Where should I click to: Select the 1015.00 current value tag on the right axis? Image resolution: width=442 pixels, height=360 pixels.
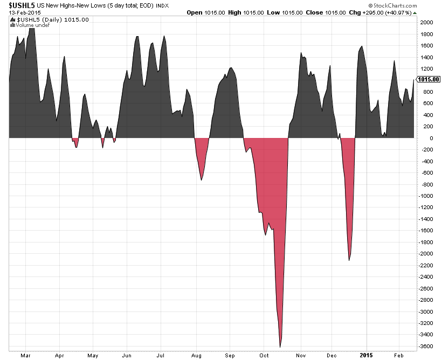click(429, 79)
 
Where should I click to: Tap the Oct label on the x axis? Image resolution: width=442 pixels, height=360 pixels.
click(264, 356)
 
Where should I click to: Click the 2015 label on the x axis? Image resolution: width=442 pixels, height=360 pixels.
click(367, 356)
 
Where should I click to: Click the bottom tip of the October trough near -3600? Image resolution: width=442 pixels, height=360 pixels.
click(280, 347)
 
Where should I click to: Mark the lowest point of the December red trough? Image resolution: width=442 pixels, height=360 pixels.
click(349, 260)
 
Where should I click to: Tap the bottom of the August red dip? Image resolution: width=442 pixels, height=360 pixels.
click(202, 179)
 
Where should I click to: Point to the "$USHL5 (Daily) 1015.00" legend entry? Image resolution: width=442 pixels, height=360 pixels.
click(49, 19)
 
